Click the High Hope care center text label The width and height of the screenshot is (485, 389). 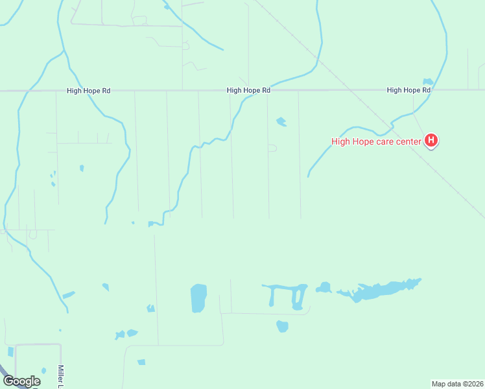pyautogui.click(x=377, y=141)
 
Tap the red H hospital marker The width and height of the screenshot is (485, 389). pyautogui.click(x=431, y=140)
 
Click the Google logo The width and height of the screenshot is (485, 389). pyautogui.click(x=21, y=381)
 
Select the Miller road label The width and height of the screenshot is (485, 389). pyautogui.click(x=61, y=377)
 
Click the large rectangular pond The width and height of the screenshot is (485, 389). pyautogui.click(x=198, y=298)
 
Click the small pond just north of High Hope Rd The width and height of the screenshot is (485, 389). pyautogui.click(x=427, y=82)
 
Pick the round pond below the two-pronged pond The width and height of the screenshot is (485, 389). pyautogui.click(x=282, y=326)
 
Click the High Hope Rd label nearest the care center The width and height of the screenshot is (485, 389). pyautogui.click(x=408, y=90)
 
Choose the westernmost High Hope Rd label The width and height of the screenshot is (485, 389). pyautogui.click(x=88, y=91)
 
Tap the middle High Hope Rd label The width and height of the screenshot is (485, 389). pyautogui.click(x=248, y=91)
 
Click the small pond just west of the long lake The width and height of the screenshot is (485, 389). pyautogui.click(x=324, y=287)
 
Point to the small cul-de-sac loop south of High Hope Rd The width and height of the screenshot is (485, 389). pyautogui.click(x=272, y=148)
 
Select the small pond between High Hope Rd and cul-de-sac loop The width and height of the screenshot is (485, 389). pyautogui.click(x=281, y=121)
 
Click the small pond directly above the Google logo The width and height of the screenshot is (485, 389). pyautogui.click(x=10, y=351)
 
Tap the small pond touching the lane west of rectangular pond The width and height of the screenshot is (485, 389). pyautogui.click(x=151, y=308)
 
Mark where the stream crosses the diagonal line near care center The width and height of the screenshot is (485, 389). pyautogui.click(x=392, y=122)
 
